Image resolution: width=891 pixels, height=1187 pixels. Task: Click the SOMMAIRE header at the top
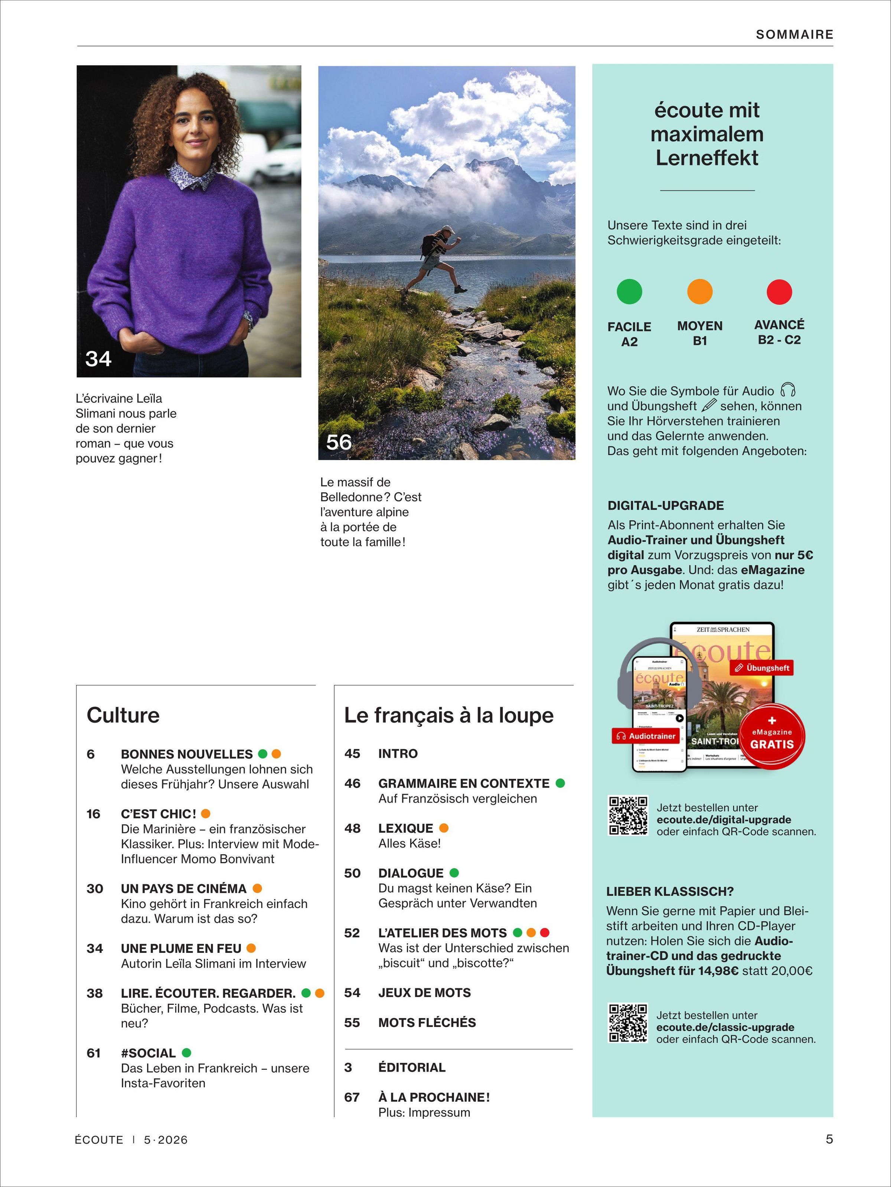click(794, 35)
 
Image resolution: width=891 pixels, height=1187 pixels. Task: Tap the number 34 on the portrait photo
click(98, 358)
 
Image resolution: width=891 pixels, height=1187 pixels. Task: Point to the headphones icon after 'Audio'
click(788, 390)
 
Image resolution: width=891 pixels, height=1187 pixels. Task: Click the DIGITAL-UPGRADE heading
click(666, 505)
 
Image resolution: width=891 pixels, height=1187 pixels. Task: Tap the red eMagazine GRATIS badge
click(772, 735)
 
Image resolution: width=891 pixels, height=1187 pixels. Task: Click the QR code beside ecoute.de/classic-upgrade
click(627, 1023)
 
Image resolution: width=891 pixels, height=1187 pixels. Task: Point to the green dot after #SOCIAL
click(187, 1053)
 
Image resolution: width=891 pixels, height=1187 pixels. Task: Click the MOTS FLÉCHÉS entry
click(427, 1023)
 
